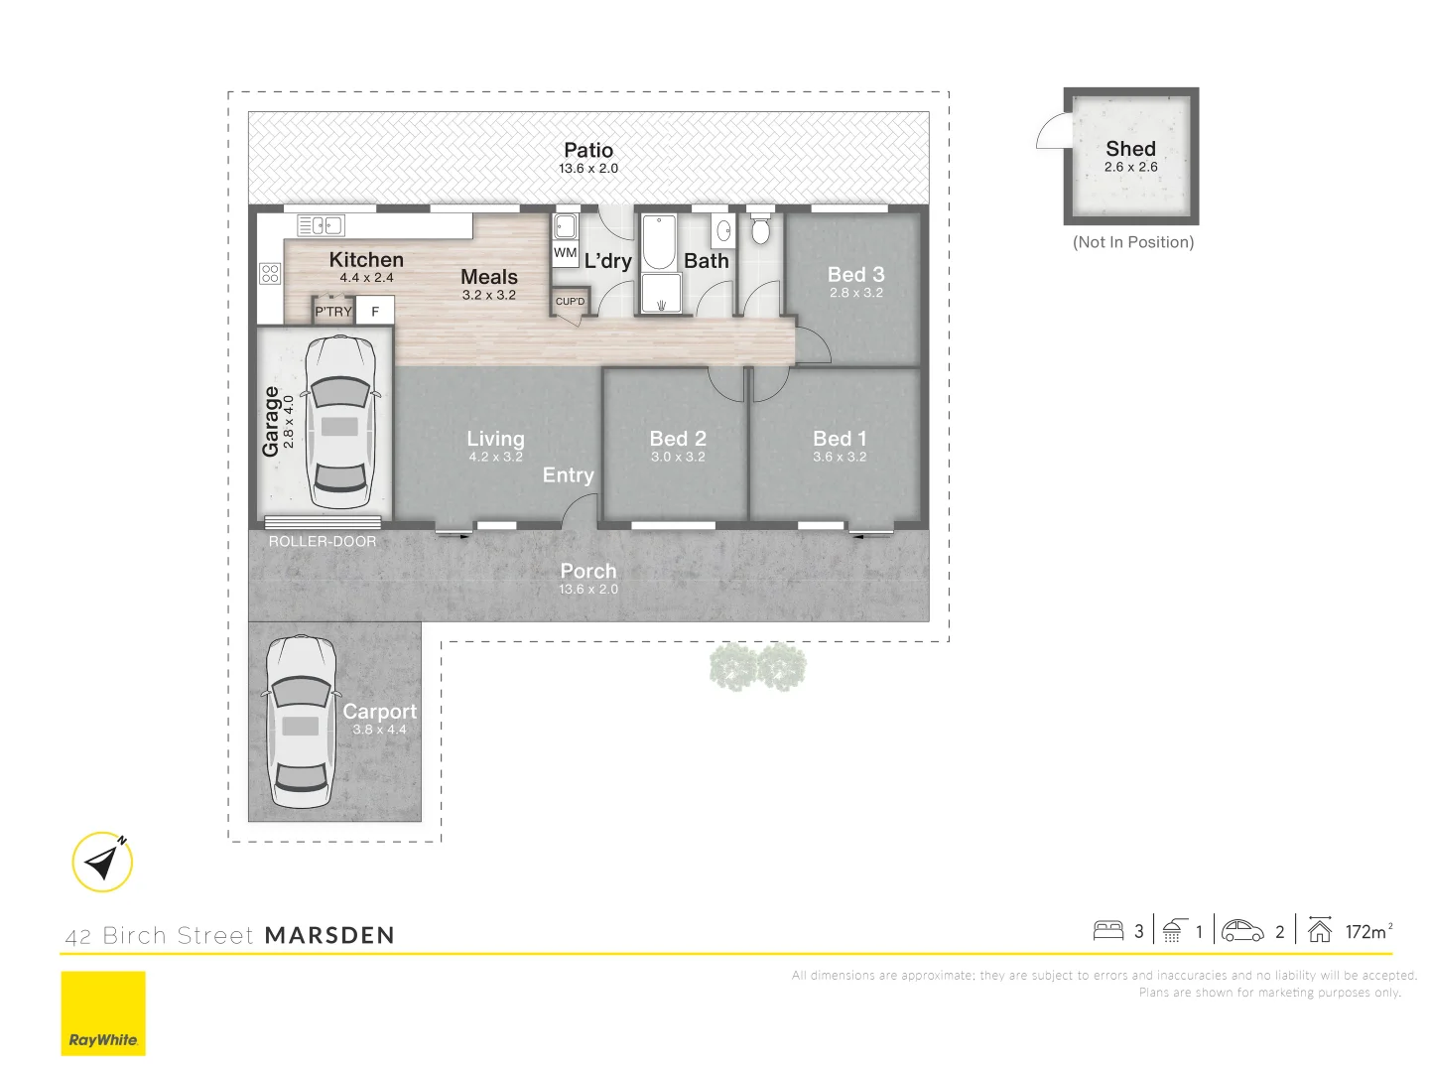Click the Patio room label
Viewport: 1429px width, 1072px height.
(588, 151)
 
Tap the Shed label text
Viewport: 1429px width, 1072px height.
(1130, 149)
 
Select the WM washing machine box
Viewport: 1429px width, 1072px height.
(565, 252)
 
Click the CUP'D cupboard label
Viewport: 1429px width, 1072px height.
(570, 302)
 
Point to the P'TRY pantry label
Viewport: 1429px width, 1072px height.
(333, 312)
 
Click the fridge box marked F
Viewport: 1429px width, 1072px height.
(375, 312)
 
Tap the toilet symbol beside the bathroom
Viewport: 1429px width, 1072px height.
(760, 230)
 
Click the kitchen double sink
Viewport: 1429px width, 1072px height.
(322, 225)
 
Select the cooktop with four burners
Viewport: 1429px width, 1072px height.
(270, 273)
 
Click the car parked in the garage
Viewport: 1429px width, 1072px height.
(339, 422)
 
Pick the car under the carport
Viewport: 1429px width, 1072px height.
(300, 722)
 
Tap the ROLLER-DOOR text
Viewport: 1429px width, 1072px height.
(323, 542)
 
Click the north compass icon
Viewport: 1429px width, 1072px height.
(103, 861)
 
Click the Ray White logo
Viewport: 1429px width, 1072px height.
(103, 1012)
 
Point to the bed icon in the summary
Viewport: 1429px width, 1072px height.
(1107, 930)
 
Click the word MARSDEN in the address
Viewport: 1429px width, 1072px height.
(329, 935)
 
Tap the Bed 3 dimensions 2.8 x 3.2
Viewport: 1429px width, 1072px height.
(856, 293)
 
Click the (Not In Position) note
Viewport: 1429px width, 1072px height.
(1133, 242)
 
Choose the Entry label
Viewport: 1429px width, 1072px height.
(568, 475)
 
